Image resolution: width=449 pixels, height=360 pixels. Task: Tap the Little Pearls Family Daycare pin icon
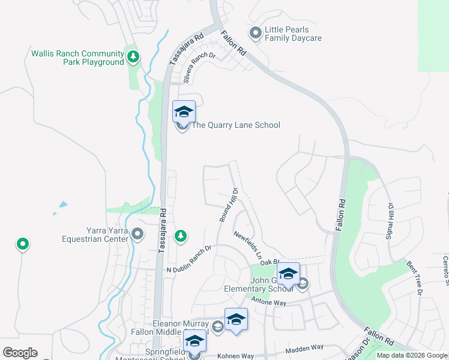tap(255, 34)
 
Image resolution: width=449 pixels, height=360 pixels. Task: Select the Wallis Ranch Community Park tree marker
tap(133, 58)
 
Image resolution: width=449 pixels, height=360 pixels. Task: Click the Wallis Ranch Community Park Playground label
tap(78, 58)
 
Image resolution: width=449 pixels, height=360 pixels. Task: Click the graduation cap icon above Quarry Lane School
tap(184, 111)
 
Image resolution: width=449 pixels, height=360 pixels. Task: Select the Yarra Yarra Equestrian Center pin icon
tap(137, 234)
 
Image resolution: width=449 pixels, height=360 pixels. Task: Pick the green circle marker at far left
tap(23, 244)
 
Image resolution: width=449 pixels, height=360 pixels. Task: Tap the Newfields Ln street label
tap(248, 245)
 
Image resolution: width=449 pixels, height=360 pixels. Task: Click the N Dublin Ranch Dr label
tap(189, 259)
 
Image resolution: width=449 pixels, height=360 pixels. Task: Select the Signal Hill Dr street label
tap(390, 220)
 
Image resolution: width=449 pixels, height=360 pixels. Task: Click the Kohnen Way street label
tap(237, 355)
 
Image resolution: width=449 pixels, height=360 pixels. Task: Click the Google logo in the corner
tap(20, 353)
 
